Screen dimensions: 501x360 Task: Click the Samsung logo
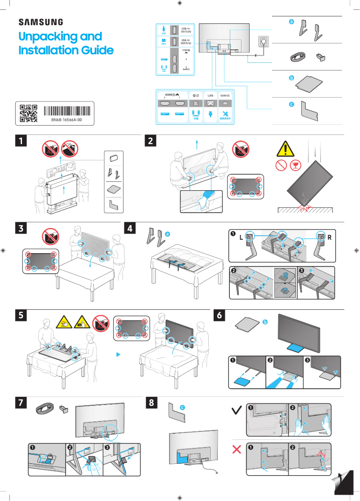pyautogui.click(x=40, y=22)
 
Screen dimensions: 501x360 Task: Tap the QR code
pyautogui.click(x=28, y=114)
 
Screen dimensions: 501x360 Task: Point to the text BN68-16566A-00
pyautogui.click(x=67, y=120)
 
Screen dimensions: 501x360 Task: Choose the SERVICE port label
pyautogui.click(x=225, y=96)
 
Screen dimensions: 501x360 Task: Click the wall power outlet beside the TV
pyautogui.click(x=262, y=42)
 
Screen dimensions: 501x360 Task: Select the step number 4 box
pyautogui.click(x=130, y=229)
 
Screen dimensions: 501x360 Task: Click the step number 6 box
pyautogui.click(x=219, y=316)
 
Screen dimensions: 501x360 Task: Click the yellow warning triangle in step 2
pyautogui.click(x=286, y=149)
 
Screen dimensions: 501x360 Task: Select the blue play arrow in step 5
pyautogui.click(x=119, y=354)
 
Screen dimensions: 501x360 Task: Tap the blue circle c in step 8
pyautogui.click(x=182, y=407)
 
